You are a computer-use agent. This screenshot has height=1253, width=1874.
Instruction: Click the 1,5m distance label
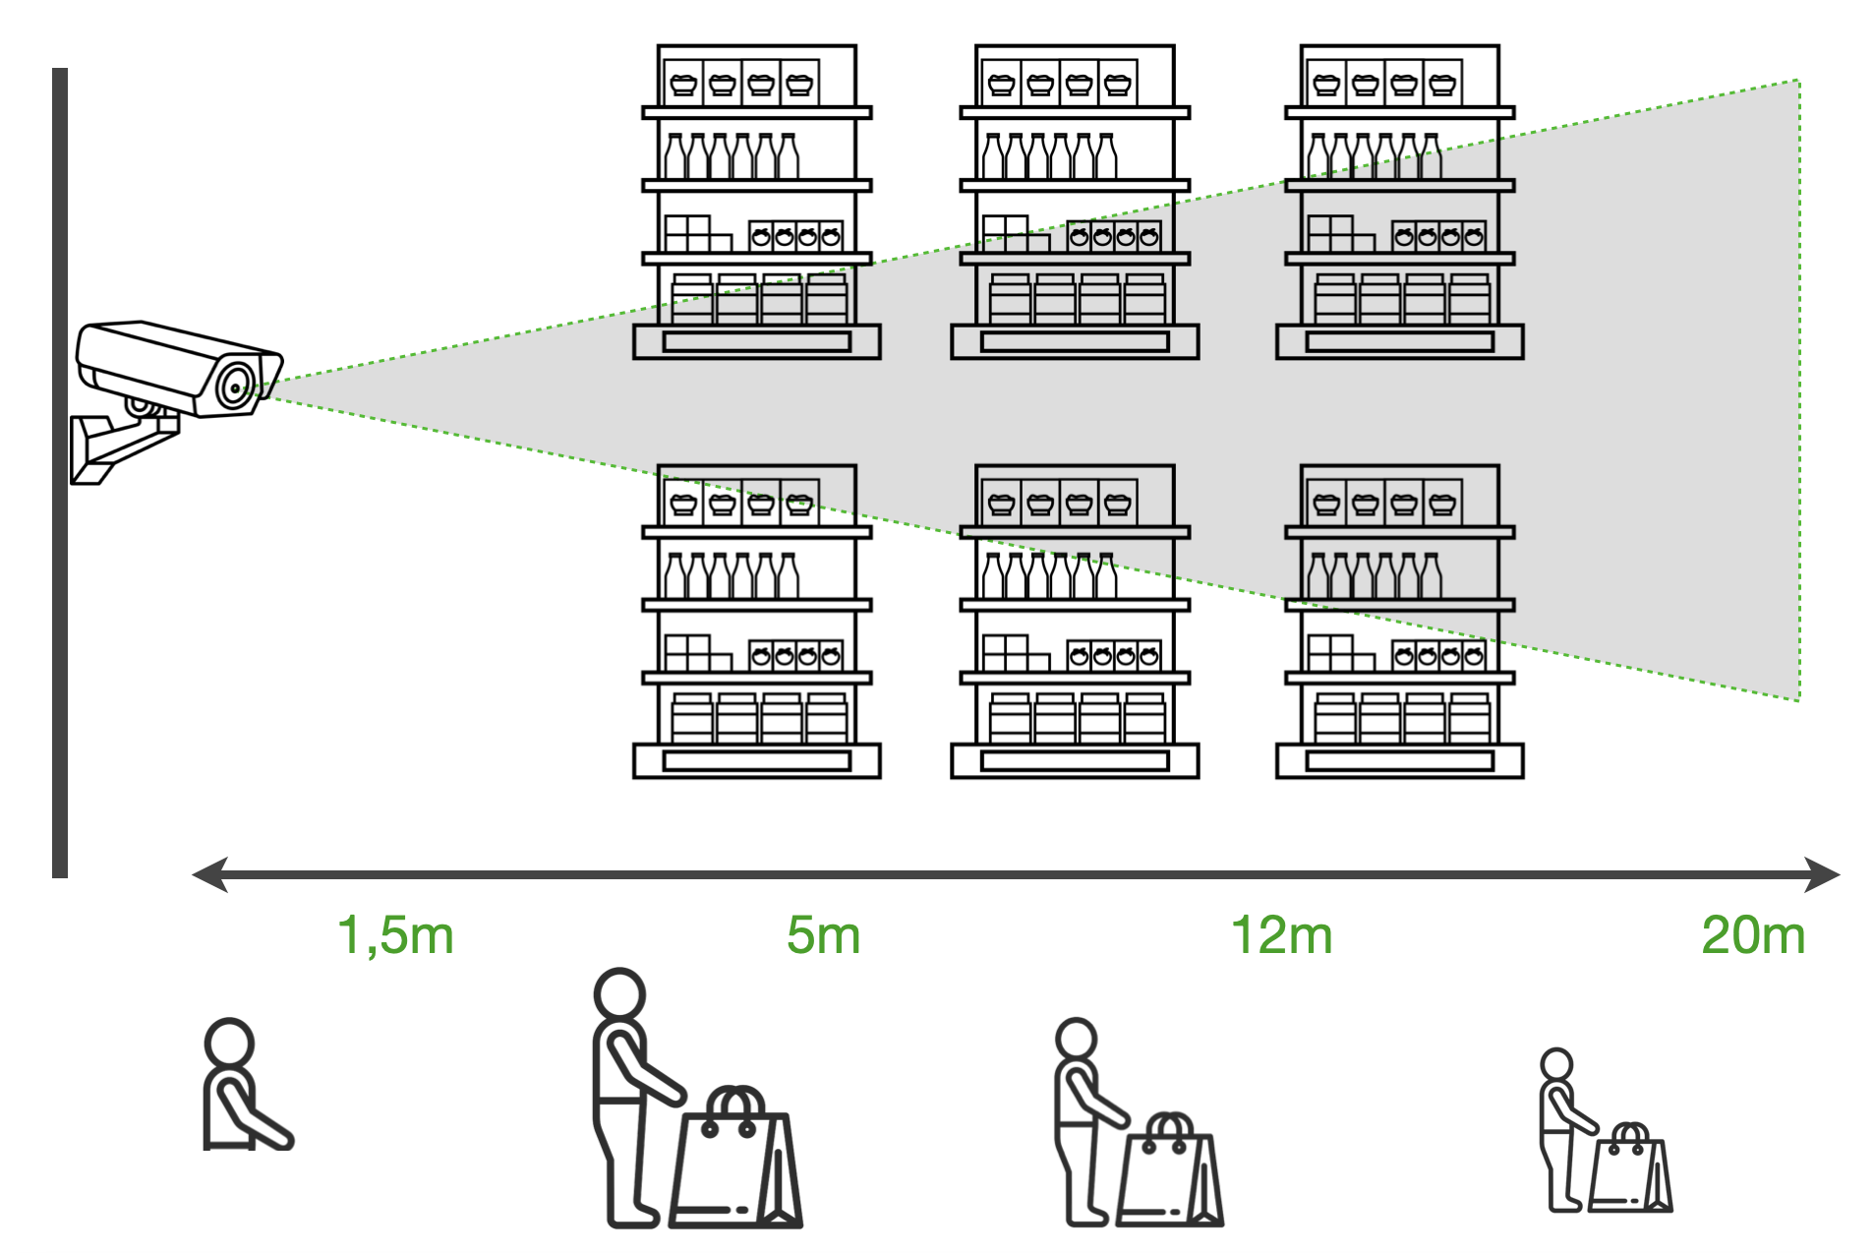395,935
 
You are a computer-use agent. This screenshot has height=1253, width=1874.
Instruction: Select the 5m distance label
823,935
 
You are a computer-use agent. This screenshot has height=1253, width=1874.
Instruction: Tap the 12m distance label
1281,935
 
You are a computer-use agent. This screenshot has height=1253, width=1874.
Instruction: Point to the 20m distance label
1753,935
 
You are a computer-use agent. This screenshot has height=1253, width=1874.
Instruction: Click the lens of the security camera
235,386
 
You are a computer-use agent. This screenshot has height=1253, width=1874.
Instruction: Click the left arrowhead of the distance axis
209,873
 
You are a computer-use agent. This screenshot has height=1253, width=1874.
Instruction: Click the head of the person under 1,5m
229,1043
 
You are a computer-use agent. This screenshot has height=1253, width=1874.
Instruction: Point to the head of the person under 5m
619,995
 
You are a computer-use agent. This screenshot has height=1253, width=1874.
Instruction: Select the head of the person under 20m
1556,1064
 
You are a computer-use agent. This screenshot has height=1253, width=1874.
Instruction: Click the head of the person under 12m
1076,1040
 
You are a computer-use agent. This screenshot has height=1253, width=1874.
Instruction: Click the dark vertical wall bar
60,472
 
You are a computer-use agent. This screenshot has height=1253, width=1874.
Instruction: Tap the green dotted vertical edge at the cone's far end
1798,393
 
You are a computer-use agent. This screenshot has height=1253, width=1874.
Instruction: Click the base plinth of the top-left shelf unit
756,341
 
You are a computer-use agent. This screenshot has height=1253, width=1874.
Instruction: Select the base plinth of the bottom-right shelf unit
1399,760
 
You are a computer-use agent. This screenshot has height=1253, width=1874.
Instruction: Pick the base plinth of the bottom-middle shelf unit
1075,760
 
